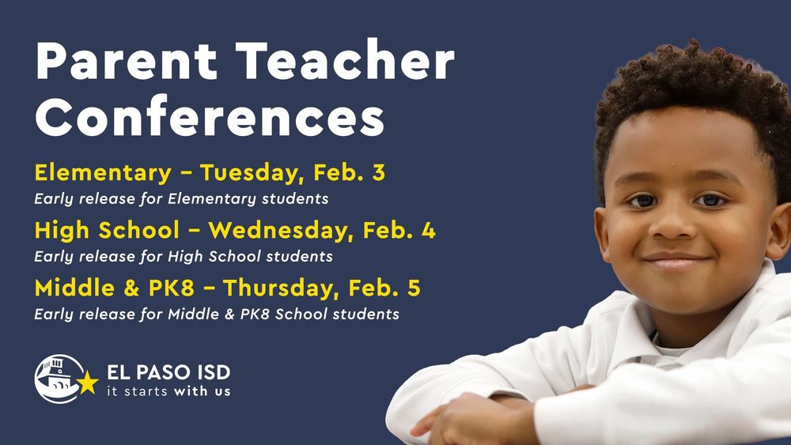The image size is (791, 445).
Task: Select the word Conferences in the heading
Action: coord(210,119)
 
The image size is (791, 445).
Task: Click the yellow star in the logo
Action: coord(88,383)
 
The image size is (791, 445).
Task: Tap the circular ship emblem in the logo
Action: coord(57,379)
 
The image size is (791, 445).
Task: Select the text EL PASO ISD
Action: coord(168,372)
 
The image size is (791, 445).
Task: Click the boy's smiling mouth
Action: coord(675,262)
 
